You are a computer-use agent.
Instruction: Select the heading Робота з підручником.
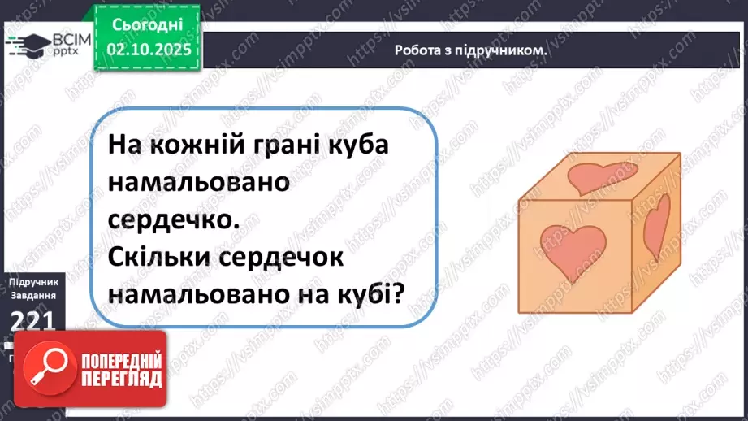click(x=469, y=50)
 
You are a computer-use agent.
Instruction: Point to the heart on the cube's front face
click(x=573, y=247)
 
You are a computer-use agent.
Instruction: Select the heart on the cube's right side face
click(x=659, y=223)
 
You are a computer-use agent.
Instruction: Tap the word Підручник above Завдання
click(x=32, y=281)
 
